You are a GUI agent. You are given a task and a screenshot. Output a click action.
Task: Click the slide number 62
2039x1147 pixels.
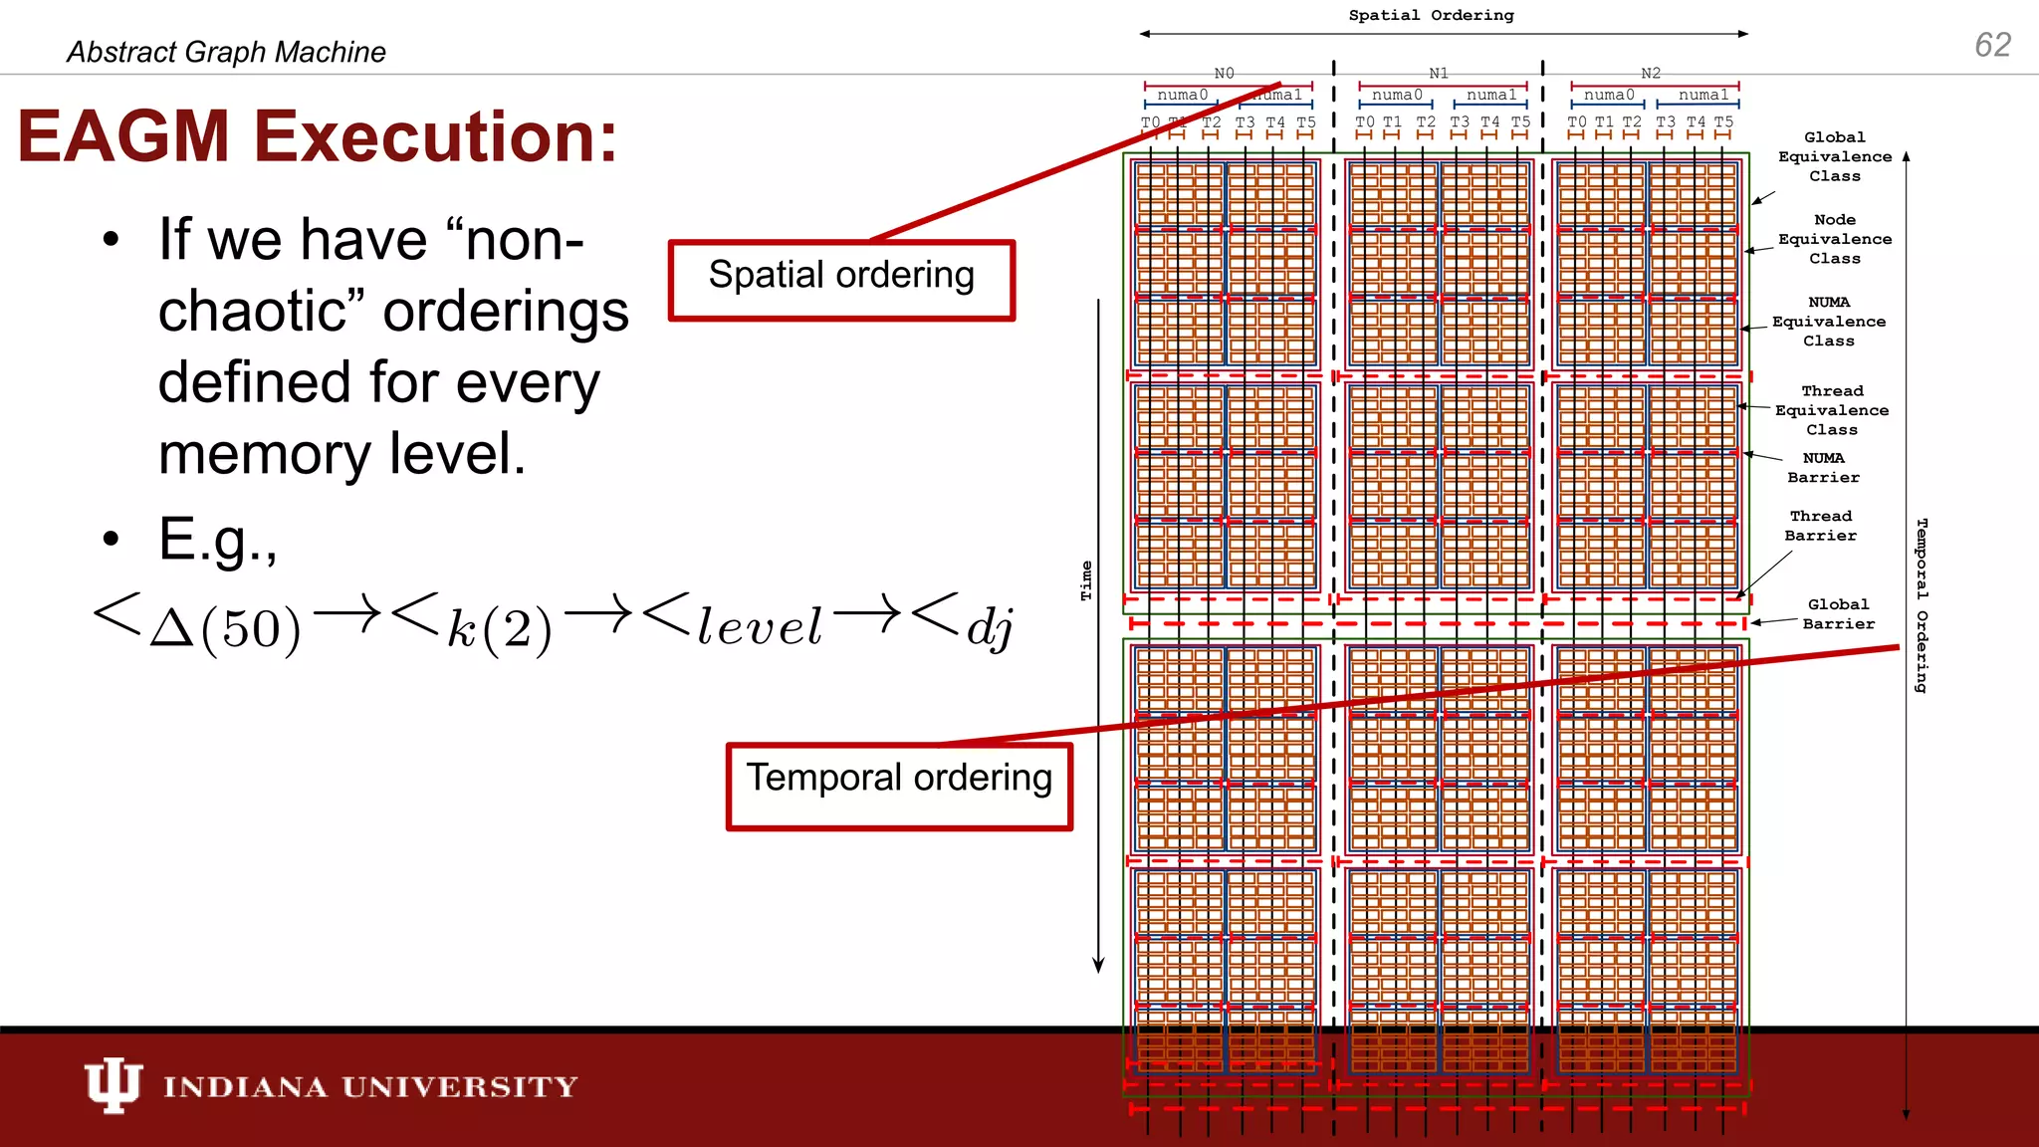pyautogui.click(x=1992, y=45)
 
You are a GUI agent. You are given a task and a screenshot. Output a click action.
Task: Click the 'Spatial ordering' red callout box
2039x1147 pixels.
pyautogui.click(x=841, y=279)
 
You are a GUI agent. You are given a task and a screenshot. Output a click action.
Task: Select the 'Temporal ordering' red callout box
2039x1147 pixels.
pyautogui.click(x=899, y=785)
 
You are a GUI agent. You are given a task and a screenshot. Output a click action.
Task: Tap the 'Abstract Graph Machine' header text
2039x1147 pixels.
pyautogui.click(x=226, y=52)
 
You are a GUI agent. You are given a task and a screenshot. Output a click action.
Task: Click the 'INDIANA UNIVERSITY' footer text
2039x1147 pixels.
pyautogui.click(x=370, y=1086)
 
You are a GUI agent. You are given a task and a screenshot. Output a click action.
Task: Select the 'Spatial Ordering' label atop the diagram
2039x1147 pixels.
pyautogui.click(x=1431, y=15)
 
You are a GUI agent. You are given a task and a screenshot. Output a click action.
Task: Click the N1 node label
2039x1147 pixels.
pyautogui.click(x=1439, y=73)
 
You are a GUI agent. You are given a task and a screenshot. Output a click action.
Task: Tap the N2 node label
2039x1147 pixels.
pyautogui.click(x=1651, y=73)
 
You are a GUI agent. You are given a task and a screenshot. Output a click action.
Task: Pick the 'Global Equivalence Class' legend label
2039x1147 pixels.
pyautogui.click(x=1835, y=156)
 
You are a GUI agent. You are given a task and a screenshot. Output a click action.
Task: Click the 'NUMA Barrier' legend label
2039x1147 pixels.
pyautogui.click(x=1823, y=468)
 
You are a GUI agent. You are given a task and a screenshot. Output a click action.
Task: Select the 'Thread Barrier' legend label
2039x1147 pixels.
pyautogui.click(x=1820, y=526)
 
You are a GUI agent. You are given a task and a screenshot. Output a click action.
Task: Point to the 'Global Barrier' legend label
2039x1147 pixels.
pyautogui.click(x=1838, y=613)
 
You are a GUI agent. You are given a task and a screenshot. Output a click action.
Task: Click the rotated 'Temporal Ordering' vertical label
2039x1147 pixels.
pyautogui.click(x=1922, y=605)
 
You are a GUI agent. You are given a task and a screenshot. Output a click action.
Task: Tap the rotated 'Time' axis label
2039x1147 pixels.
pyautogui.click(x=1086, y=580)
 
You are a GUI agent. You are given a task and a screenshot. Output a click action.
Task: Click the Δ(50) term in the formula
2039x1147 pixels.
pyautogui.click(x=224, y=627)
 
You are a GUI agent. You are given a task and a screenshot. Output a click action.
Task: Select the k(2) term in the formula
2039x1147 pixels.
pyautogui.click(x=498, y=627)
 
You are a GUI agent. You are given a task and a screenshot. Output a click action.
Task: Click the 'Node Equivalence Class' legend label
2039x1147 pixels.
pyautogui.click(x=1835, y=239)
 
